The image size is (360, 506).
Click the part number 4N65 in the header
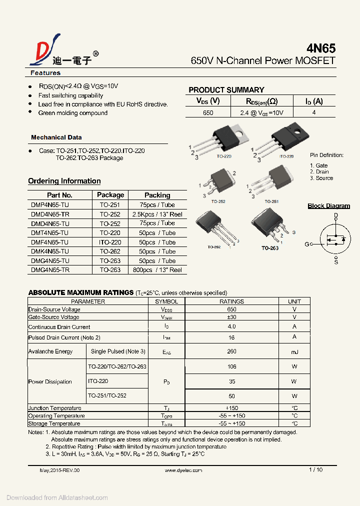point(320,48)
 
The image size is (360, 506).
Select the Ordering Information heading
point(64,181)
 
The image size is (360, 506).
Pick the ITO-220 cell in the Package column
point(110,242)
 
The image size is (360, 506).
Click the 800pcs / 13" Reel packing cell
point(157,269)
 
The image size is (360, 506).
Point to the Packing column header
point(157,195)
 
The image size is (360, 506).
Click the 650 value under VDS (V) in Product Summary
point(208,113)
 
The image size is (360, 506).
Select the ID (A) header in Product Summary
point(314,101)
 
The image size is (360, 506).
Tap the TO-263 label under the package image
point(270,247)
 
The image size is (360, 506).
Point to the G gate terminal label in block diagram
point(307,244)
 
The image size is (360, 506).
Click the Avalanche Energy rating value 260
point(231,351)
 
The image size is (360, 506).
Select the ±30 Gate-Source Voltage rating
point(231,317)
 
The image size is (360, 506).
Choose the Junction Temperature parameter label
point(55,408)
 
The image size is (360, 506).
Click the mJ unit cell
point(294,351)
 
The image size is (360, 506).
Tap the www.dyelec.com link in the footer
point(183,470)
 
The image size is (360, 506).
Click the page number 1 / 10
point(315,469)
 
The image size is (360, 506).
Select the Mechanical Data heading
point(56,137)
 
